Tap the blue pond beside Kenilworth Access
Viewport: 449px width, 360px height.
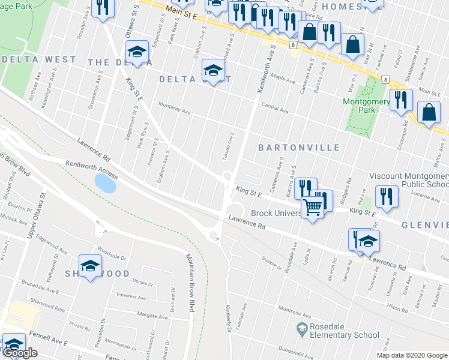point(105,183)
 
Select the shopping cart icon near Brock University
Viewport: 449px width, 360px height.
point(313,208)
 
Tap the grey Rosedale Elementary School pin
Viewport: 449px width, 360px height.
point(303,328)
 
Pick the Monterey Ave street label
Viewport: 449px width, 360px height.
point(174,112)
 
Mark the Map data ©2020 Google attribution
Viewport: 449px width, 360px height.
point(412,355)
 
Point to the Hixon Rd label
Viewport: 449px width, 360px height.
point(397,307)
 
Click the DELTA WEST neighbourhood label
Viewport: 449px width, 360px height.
point(40,59)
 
